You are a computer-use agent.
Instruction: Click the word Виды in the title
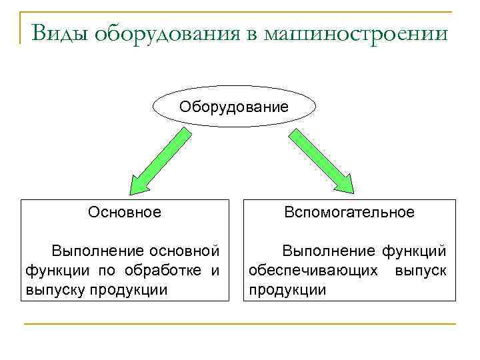click(59, 33)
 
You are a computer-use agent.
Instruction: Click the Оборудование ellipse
click(235, 107)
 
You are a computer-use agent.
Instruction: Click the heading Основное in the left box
click(125, 212)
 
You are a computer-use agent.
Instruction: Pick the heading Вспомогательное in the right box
click(349, 212)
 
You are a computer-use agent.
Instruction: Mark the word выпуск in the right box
click(420, 271)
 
